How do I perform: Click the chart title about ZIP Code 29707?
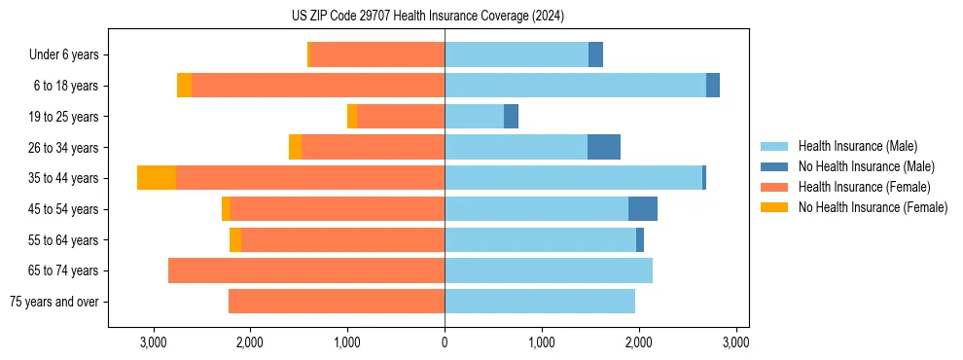click(428, 17)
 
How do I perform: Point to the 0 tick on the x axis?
click(445, 342)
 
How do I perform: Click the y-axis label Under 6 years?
click(63, 55)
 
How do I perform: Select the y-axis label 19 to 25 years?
click(63, 117)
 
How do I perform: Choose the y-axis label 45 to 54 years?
click(63, 209)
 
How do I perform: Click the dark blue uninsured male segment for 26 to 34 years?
click(604, 147)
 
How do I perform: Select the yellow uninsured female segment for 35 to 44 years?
click(157, 178)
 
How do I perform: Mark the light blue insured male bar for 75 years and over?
click(540, 302)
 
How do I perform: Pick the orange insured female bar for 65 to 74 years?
click(306, 270)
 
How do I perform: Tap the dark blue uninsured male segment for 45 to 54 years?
click(643, 209)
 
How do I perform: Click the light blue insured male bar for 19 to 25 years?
click(474, 117)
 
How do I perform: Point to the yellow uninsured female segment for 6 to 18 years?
click(184, 86)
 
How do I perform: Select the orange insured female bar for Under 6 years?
click(377, 55)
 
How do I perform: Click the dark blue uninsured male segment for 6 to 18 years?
click(713, 86)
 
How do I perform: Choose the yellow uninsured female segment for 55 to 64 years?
click(235, 240)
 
